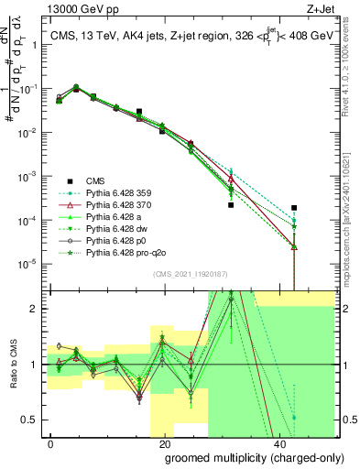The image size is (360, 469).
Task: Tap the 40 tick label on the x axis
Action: coord(277,442)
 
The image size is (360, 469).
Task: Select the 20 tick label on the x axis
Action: coord(163,442)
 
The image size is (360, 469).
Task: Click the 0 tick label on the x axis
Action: coord(50,442)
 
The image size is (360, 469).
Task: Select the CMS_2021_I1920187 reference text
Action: coord(191,272)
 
